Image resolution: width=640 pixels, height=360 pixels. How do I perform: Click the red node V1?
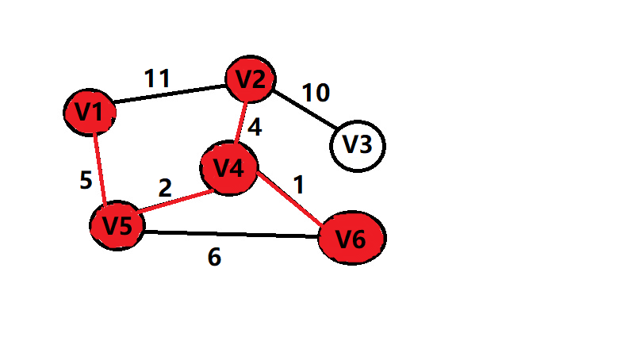click(x=90, y=113)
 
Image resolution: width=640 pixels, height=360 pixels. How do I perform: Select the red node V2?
click(x=251, y=79)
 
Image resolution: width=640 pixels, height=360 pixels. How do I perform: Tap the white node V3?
click(x=357, y=146)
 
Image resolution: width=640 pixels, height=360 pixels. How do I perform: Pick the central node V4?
click(x=229, y=168)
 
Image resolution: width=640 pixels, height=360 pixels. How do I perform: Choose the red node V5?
click(x=117, y=225)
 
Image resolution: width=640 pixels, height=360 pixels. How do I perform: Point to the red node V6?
click(x=351, y=237)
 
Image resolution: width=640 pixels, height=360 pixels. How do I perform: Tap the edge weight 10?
click(x=315, y=93)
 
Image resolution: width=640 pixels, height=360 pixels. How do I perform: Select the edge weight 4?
click(x=255, y=127)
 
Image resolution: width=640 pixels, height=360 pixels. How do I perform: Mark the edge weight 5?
click(x=86, y=181)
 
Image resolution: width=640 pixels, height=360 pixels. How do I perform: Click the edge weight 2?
click(x=165, y=188)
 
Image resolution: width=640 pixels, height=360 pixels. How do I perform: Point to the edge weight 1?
click(x=298, y=185)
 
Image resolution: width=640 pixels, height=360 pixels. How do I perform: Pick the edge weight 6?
click(x=214, y=258)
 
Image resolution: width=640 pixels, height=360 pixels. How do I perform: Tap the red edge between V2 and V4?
click(x=240, y=122)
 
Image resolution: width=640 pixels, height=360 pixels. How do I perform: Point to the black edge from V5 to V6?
click(x=230, y=234)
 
